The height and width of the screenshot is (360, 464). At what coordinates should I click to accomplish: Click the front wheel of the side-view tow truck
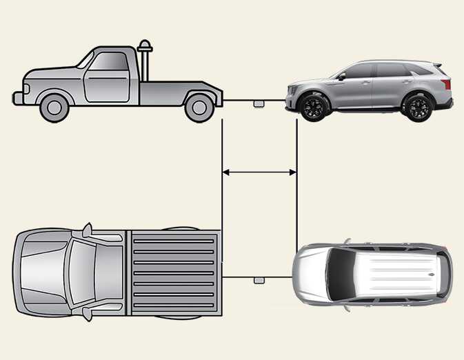[54, 106]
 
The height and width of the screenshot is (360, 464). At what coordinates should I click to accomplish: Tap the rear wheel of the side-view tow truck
[199, 106]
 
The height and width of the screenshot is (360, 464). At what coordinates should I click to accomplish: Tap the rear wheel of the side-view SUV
[417, 108]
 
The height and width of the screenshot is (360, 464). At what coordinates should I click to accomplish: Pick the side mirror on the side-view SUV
[341, 77]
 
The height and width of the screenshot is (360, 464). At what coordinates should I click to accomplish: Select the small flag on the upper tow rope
[259, 103]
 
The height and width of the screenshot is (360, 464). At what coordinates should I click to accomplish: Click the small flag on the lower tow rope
[259, 281]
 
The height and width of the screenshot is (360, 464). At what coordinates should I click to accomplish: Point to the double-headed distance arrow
[259, 172]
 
